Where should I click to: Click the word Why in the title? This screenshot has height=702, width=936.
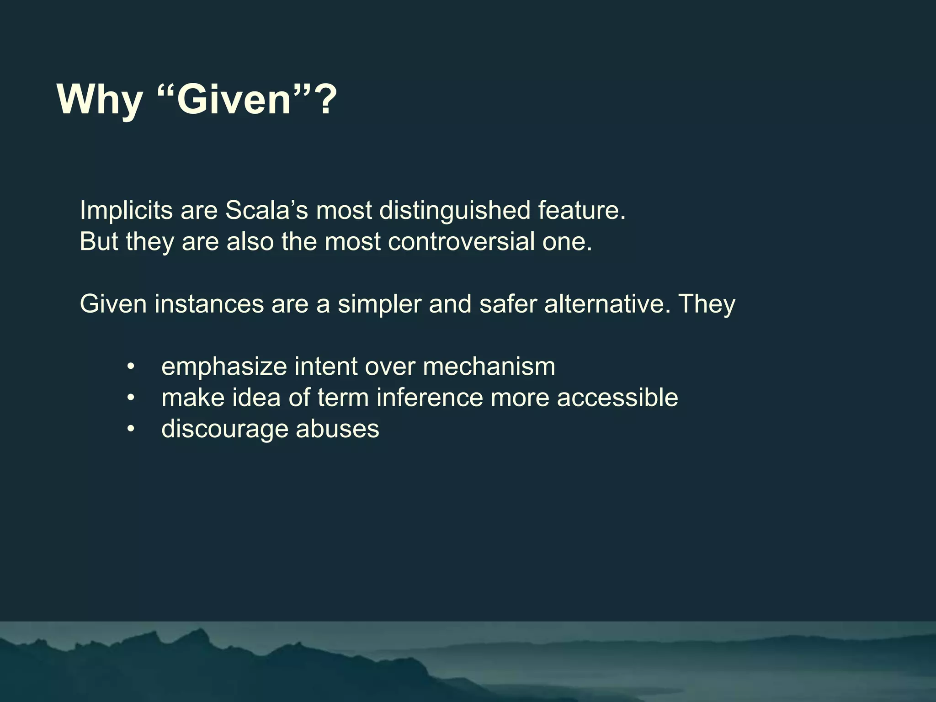[x=100, y=99]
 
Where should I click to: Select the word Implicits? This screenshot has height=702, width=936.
[x=126, y=210]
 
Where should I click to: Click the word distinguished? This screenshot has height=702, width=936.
[x=455, y=210]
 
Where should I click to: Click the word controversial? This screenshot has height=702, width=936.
[x=461, y=241]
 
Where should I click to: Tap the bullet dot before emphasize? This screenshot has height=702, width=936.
[x=131, y=367]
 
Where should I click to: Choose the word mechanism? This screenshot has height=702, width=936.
[x=489, y=367]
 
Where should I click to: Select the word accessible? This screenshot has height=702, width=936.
[x=617, y=398]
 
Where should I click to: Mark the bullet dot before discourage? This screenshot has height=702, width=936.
[x=131, y=429]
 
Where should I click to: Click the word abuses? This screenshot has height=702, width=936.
[x=337, y=429]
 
